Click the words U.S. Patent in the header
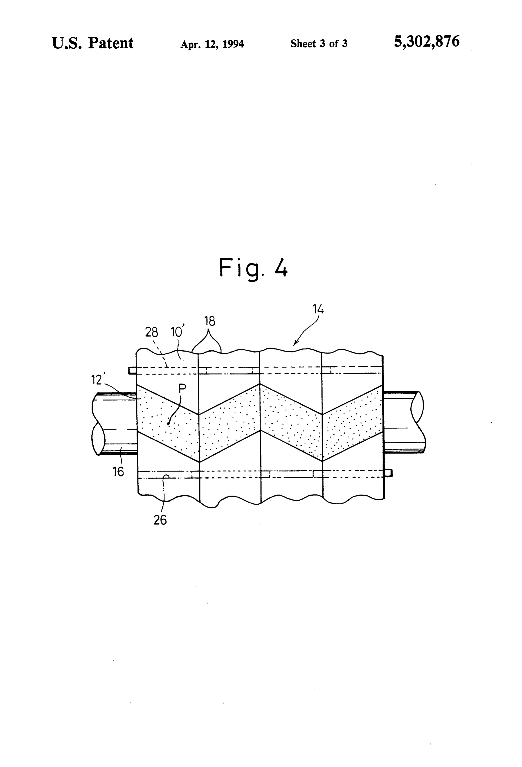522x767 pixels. click(x=93, y=43)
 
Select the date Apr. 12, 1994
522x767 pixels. click(x=212, y=44)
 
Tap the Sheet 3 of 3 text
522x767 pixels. click(x=319, y=44)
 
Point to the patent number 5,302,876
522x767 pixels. click(x=427, y=42)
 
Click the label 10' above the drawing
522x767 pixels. click(x=177, y=331)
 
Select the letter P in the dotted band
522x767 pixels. click(x=182, y=388)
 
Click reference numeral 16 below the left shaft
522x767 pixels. click(x=118, y=472)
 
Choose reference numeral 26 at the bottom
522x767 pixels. click(x=160, y=520)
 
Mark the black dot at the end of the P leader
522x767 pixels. click(x=168, y=423)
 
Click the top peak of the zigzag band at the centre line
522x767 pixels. click(x=260, y=383)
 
